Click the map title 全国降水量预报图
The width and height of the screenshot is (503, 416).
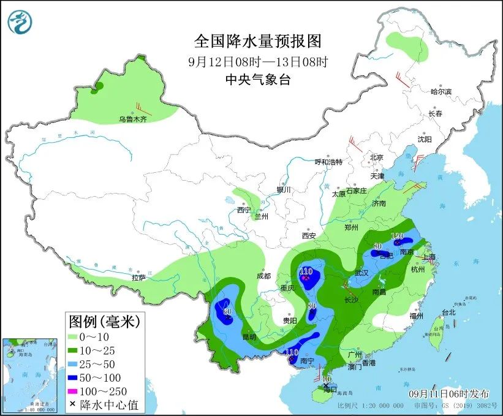pyautogui.click(x=257, y=41)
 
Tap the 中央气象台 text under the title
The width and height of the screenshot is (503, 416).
pyautogui.click(x=257, y=79)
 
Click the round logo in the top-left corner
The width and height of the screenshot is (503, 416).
pyautogui.click(x=20, y=21)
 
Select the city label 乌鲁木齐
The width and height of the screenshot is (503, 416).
pyautogui.click(x=133, y=119)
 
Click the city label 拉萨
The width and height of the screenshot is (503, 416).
pyautogui.click(x=138, y=277)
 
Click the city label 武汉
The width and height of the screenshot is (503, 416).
pyautogui.click(x=362, y=273)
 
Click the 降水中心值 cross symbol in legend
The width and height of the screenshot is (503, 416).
pyautogui.click(x=72, y=404)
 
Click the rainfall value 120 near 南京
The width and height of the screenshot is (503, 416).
pyautogui.click(x=396, y=236)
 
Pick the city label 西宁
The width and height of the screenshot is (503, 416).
pyautogui.click(x=244, y=210)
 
